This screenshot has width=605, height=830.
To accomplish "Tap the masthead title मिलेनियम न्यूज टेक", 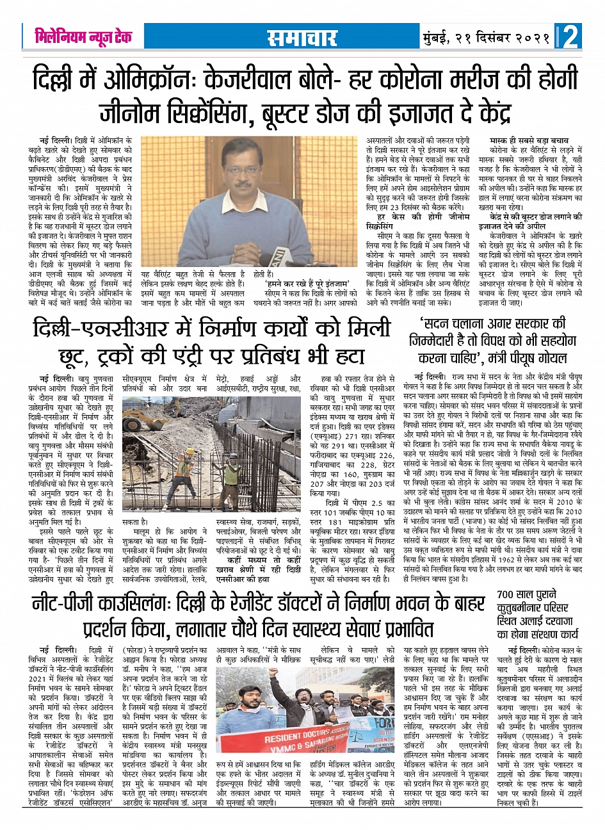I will [83, 37].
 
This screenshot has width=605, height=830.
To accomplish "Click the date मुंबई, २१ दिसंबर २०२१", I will [487, 38].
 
